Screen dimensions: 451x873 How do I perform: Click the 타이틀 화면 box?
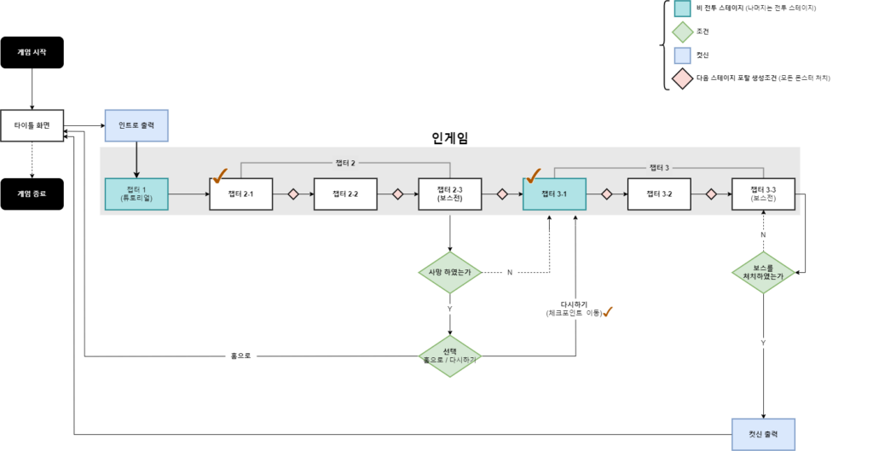[x=32, y=125]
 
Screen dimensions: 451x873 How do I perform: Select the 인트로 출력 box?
[x=136, y=125]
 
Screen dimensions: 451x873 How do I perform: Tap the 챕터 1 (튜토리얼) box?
[x=136, y=194]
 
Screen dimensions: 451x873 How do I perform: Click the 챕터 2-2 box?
[x=345, y=194]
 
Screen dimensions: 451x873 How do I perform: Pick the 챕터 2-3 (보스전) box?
[x=449, y=194]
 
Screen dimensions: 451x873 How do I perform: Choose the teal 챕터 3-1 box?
[x=554, y=194]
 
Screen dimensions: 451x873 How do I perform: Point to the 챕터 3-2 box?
[x=658, y=194]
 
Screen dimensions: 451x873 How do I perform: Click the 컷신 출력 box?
[x=763, y=434]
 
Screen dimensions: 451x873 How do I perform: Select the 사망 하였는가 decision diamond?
[x=449, y=273]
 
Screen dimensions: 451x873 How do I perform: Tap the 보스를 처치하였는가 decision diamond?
[x=763, y=272]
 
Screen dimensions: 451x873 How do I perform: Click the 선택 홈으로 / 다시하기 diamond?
[x=449, y=356]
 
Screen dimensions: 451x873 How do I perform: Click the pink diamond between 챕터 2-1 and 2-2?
[x=293, y=194]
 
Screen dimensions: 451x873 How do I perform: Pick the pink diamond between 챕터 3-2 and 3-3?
[x=711, y=194]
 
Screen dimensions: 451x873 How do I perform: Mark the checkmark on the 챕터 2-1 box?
[x=220, y=176]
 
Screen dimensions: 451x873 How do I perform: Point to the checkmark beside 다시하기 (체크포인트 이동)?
[x=608, y=312]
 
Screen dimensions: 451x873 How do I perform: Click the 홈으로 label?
[x=240, y=356]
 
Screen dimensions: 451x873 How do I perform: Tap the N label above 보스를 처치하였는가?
[x=763, y=234]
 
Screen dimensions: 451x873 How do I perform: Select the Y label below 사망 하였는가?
[x=449, y=309]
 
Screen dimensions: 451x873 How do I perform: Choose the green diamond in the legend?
[x=682, y=32]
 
